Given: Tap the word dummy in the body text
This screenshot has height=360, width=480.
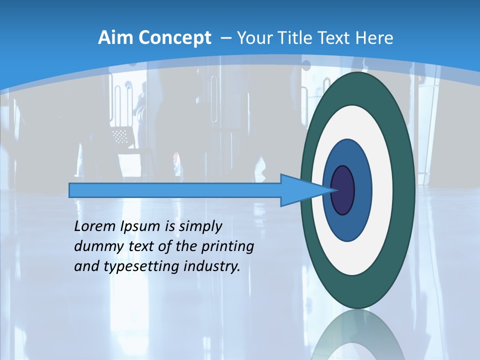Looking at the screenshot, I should [94, 246].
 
